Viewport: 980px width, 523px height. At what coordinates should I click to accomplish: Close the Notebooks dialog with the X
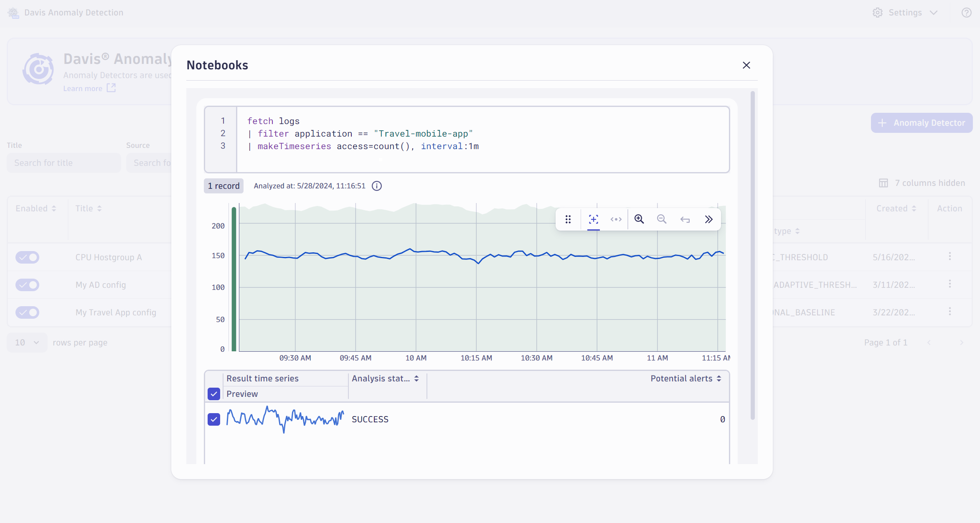(x=746, y=65)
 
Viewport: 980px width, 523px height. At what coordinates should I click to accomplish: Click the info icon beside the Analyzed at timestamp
(x=377, y=186)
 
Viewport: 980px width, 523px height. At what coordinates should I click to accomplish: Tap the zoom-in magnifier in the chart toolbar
(x=639, y=219)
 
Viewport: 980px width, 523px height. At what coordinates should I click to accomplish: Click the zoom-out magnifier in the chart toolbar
(x=662, y=219)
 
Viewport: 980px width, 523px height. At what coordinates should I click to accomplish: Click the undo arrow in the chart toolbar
(x=685, y=219)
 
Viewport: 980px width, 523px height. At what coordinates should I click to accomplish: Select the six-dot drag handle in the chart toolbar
(x=568, y=219)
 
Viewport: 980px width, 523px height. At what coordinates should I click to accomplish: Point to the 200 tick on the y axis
(x=218, y=226)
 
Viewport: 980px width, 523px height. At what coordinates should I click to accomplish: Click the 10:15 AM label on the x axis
(x=476, y=358)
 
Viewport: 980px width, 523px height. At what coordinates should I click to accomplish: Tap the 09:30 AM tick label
(x=295, y=358)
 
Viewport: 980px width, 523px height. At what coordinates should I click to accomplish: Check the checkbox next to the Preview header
(x=214, y=394)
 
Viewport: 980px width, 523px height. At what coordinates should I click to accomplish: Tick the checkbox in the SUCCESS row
(x=214, y=419)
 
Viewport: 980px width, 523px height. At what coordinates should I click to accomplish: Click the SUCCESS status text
(x=370, y=419)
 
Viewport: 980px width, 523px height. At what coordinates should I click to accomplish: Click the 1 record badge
(x=224, y=186)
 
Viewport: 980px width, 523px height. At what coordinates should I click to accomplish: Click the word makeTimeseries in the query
(x=294, y=146)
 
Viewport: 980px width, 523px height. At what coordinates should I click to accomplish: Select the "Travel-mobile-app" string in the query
(x=423, y=134)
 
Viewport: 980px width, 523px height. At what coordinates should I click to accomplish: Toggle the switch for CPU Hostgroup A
(x=28, y=257)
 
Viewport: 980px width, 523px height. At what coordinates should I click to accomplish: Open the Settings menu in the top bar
(x=905, y=13)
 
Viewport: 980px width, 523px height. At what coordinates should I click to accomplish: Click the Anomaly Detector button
(x=922, y=123)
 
